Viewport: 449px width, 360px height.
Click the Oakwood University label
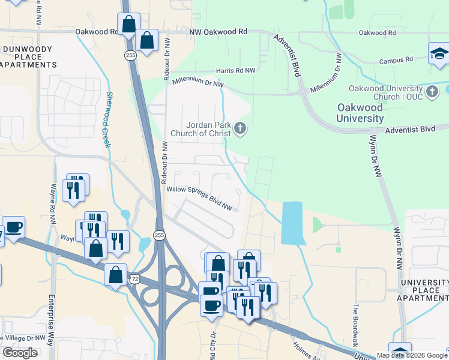360,113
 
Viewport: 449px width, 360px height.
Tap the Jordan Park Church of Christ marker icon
240,128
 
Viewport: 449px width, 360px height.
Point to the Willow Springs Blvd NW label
199,197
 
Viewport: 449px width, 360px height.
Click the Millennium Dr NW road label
197,83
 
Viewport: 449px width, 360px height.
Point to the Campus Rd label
396,60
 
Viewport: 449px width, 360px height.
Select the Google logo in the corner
20,353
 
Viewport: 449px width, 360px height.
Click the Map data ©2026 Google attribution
412,355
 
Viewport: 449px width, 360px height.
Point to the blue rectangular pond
292,223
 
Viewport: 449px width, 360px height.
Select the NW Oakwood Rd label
218,32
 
